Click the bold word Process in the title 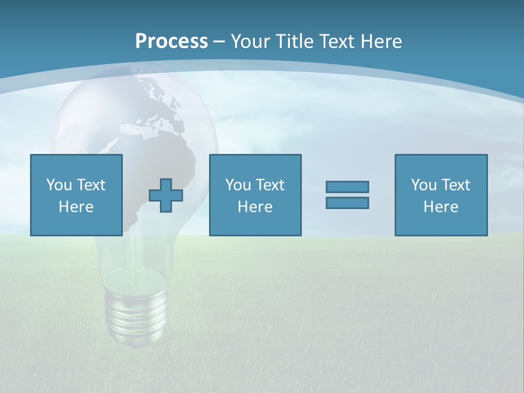pyautogui.click(x=171, y=41)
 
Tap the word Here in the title pyautogui.click(x=381, y=41)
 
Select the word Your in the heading pyautogui.click(x=250, y=41)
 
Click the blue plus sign pyautogui.click(x=166, y=195)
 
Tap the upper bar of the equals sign pyautogui.click(x=347, y=187)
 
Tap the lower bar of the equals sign pyautogui.click(x=347, y=203)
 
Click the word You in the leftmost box pyautogui.click(x=58, y=185)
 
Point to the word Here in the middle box pyautogui.click(x=255, y=207)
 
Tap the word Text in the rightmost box pyautogui.click(x=456, y=185)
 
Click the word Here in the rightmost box pyautogui.click(x=440, y=207)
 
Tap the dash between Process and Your pyautogui.click(x=219, y=42)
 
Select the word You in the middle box pyautogui.click(x=237, y=185)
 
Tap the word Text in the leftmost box pyautogui.click(x=91, y=185)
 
